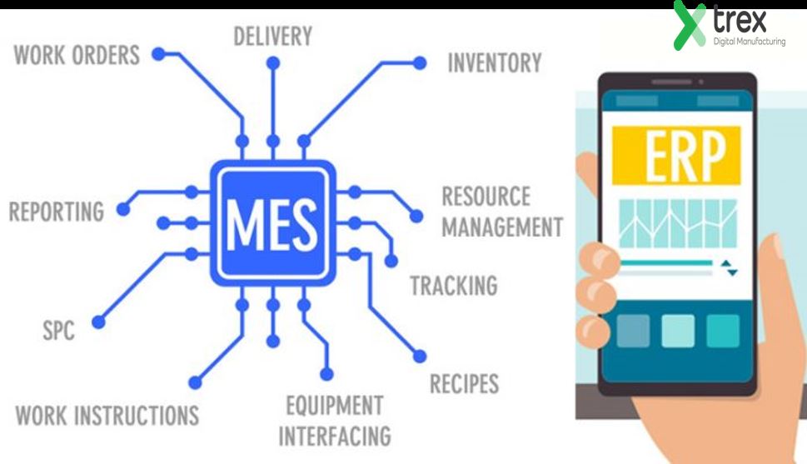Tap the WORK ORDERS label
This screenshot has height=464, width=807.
coord(77,57)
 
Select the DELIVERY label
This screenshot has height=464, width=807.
coord(272,37)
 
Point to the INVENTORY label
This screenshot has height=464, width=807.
coord(495,63)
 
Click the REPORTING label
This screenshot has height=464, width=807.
coord(56,211)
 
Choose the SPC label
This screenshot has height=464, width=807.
coord(58,331)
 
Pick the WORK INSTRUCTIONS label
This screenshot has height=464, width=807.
coord(107,414)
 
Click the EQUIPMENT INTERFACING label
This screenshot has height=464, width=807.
coord(335,421)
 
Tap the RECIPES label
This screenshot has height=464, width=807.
coord(464,384)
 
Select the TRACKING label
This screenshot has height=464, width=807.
coord(454,286)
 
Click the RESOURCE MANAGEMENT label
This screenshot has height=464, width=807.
coord(501,212)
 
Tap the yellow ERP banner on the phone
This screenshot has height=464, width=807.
coord(676,155)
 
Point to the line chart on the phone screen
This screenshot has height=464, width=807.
coord(677,223)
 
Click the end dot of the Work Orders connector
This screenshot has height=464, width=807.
coord(156,56)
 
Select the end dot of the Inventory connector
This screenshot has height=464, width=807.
coord(420,62)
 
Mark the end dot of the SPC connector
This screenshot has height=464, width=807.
coord(99,320)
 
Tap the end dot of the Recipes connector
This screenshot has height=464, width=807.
coord(419,357)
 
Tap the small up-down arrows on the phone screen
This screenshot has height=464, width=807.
coord(730,268)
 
